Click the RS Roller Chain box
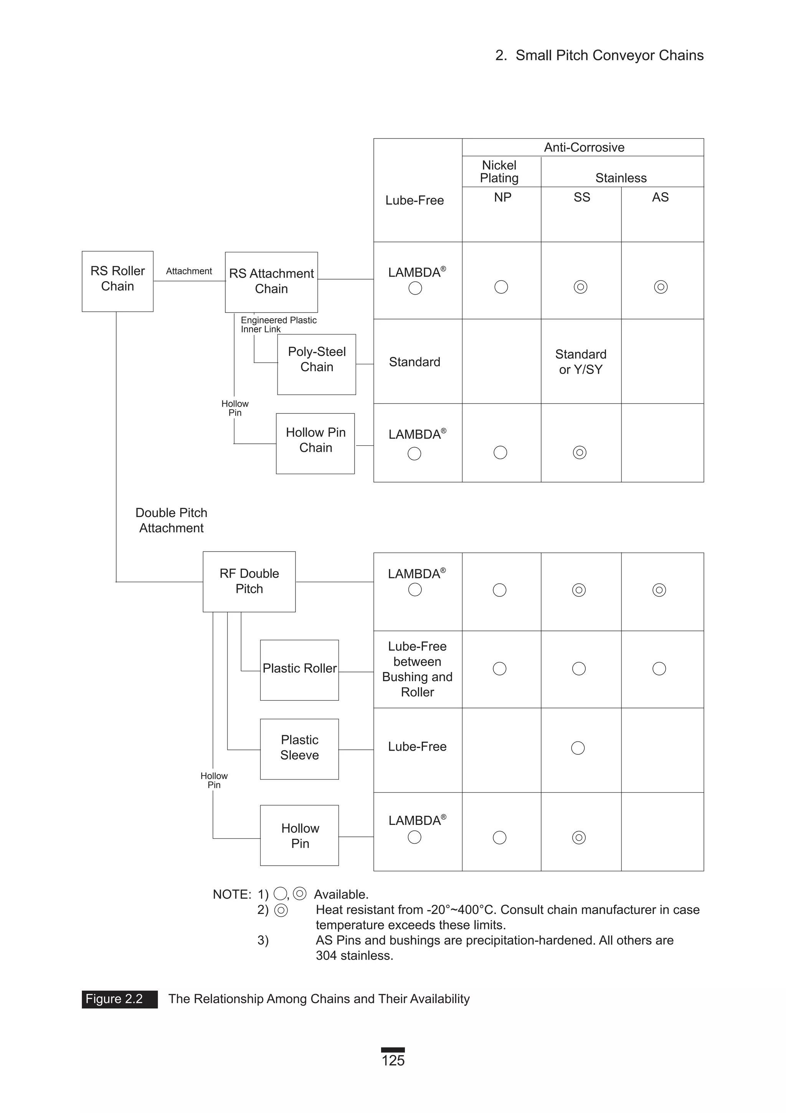117,281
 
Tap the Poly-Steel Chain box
316,364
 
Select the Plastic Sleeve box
299,749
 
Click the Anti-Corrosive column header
584,147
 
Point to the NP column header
502,197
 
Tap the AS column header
660,197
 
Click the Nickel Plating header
499,171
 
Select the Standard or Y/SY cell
580,362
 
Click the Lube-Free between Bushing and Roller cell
417,669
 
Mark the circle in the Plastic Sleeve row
578,748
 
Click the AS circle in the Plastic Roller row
659,668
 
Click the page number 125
393,1060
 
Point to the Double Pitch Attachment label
171,520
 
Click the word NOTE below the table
232,894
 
